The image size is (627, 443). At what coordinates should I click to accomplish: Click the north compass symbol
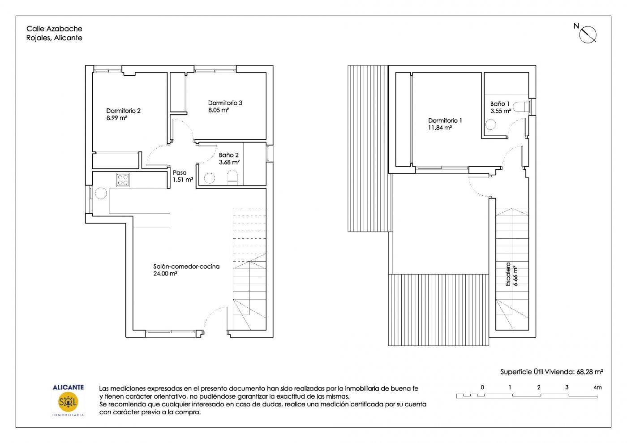588,34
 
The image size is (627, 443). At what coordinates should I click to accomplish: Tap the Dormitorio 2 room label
123,111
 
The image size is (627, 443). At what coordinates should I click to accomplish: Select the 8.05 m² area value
219,110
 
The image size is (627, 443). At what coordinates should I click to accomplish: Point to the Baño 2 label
228,155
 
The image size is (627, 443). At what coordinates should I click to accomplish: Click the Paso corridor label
180,172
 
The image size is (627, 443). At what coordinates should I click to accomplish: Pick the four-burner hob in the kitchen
123,180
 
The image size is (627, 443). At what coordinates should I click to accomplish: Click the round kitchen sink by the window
101,193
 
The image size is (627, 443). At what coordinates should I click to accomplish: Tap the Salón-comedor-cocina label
186,267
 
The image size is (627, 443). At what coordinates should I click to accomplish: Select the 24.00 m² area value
165,274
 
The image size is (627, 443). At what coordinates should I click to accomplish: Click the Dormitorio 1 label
445,120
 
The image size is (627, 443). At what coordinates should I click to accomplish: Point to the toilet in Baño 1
521,107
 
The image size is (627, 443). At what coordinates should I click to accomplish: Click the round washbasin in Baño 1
490,125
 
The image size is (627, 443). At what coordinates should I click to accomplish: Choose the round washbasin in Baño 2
210,178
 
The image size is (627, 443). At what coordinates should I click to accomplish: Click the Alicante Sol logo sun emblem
68,402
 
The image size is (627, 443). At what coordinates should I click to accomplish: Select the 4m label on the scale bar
597,387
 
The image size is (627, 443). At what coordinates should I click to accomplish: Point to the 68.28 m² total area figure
589,372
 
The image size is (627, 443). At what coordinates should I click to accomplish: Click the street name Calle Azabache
54,29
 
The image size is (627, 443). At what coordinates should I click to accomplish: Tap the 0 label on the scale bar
482,387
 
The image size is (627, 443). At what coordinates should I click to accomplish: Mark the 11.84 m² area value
440,128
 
